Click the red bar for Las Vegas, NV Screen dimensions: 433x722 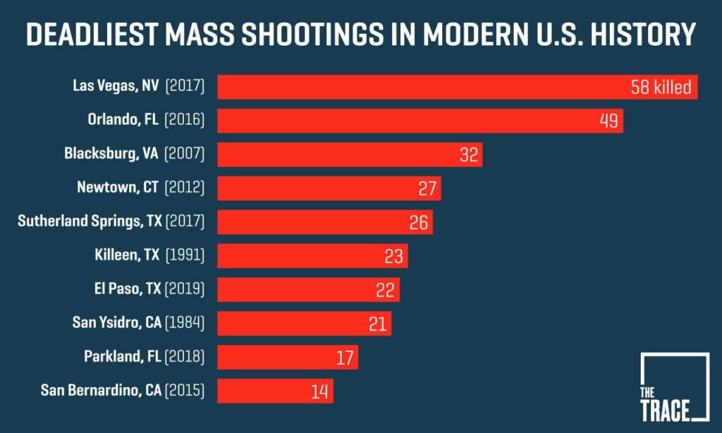(423, 87)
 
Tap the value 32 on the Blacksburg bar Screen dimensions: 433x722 (469, 154)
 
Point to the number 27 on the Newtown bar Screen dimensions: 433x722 (428, 188)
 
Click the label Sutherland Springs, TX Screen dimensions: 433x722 (90, 221)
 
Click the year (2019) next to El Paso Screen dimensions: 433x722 (185, 289)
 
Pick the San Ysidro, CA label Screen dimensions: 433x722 (117, 323)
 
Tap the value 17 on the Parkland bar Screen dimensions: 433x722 (345, 358)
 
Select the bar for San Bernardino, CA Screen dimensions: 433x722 (275, 391)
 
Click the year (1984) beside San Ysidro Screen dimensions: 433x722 (185, 323)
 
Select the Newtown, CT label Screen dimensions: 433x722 (118, 188)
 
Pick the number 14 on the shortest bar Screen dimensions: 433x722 (320, 391)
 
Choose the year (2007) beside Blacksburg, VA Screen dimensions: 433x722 (185, 154)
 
